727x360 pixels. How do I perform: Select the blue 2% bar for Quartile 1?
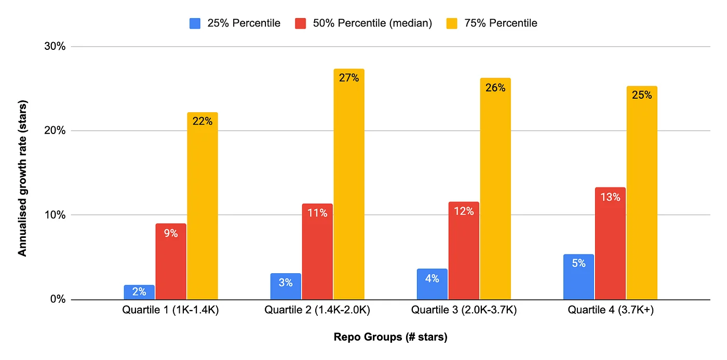click(139, 292)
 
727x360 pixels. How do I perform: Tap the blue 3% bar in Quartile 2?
click(286, 286)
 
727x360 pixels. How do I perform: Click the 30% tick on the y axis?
click(55, 47)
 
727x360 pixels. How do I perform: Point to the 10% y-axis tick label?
click(55, 215)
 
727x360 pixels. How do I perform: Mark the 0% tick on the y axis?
click(57, 300)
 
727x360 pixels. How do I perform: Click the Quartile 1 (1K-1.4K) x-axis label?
click(171, 311)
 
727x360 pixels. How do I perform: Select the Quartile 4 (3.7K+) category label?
click(610, 311)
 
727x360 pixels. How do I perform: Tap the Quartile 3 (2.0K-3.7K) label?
click(464, 311)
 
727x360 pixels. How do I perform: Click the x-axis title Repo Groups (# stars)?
click(390, 337)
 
